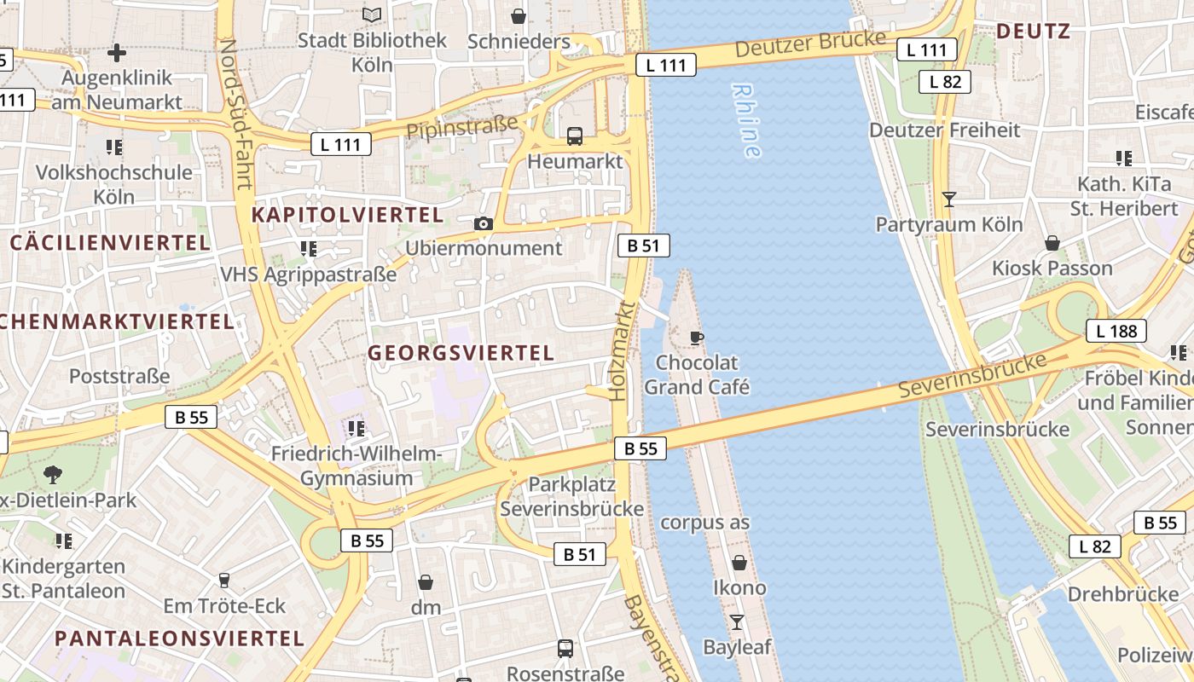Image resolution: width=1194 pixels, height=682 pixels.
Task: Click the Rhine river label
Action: click(746, 120)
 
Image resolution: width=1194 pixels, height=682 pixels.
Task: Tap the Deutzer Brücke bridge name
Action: click(810, 44)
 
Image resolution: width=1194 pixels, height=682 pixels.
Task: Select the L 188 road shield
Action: click(1116, 332)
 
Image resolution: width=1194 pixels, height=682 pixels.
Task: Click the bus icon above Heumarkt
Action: click(575, 136)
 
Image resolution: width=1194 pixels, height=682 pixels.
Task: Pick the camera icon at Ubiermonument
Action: click(484, 223)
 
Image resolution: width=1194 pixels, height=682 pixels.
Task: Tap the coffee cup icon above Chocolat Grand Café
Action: click(696, 338)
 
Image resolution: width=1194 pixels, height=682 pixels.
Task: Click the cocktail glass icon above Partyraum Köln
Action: click(948, 199)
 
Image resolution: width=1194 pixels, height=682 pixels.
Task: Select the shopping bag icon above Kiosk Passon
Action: click(1052, 243)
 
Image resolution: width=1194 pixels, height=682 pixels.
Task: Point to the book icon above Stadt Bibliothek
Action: click(372, 14)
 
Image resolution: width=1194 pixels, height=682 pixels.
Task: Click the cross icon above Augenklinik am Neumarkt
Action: click(117, 53)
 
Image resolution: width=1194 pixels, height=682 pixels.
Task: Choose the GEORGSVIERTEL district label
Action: click(461, 352)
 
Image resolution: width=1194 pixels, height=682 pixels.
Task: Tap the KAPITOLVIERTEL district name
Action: click(347, 215)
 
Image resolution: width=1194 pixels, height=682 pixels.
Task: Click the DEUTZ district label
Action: click(1033, 32)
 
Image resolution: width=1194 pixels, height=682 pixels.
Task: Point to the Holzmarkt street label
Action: click(623, 350)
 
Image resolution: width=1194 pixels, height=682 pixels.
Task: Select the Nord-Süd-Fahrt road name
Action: click(236, 113)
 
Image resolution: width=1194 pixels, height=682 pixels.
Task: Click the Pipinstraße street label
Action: click(462, 127)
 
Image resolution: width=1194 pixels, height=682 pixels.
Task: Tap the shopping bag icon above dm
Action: click(426, 582)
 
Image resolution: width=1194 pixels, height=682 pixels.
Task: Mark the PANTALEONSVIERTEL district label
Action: click(179, 638)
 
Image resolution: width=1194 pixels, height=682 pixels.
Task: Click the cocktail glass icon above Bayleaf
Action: click(737, 621)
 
